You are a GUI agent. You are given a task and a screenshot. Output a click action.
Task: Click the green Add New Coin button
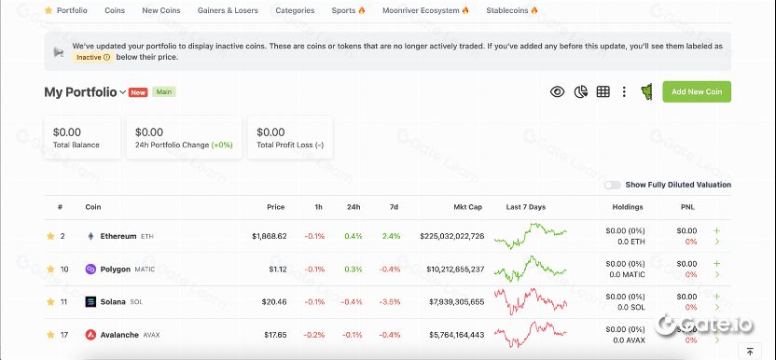[x=697, y=91]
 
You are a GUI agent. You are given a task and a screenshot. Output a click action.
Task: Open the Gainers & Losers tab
[x=228, y=10]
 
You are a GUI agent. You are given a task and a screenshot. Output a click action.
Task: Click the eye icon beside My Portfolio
[x=557, y=91]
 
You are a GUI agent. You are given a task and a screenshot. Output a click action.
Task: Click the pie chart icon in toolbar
[x=580, y=91]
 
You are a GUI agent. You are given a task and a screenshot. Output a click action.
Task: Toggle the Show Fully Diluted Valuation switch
[x=612, y=185]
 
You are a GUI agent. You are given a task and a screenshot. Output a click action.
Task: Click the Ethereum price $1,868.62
[x=269, y=236]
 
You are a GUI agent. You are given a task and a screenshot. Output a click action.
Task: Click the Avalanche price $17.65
[x=275, y=334]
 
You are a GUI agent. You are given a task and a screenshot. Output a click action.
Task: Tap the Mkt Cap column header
[x=467, y=207]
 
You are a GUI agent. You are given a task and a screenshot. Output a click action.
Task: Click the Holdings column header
[x=627, y=207]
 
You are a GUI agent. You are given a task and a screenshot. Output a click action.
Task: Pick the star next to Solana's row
[x=50, y=301]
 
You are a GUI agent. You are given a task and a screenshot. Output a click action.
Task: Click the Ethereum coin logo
[x=91, y=236]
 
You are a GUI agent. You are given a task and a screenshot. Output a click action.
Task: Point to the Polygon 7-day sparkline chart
[x=529, y=269]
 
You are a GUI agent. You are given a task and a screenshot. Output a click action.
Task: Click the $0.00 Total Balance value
[x=67, y=132]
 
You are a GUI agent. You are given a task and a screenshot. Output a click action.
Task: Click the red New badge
[x=138, y=92]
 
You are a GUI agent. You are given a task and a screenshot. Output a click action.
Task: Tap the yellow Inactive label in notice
[x=92, y=57]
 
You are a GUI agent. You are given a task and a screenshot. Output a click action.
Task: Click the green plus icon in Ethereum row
[x=716, y=230]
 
